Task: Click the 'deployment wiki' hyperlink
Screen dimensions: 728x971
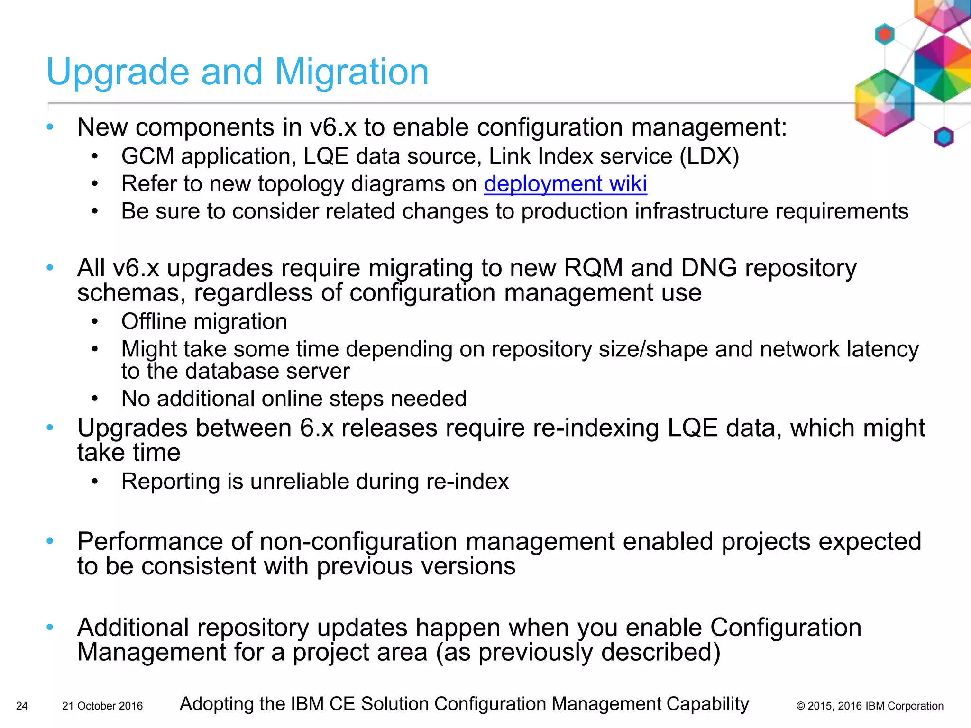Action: click(565, 184)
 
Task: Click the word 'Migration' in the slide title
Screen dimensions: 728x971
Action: click(352, 72)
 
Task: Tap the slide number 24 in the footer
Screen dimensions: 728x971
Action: click(22, 706)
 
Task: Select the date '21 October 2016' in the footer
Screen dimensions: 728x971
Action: click(102, 706)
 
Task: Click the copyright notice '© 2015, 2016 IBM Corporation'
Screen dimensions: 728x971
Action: click(870, 706)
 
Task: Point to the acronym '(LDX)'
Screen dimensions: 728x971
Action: click(709, 156)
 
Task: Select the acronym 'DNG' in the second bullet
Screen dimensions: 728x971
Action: click(709, 268)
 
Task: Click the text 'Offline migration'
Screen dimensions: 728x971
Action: click(204, 322)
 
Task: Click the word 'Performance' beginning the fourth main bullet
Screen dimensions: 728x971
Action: click(150, 541)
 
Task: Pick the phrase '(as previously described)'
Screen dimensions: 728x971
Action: click(578, 652)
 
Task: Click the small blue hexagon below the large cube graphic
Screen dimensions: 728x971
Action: click(944, 137)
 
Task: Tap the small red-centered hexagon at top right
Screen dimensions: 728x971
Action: click(884, 34)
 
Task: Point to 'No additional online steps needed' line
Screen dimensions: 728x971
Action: click(294, 399)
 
